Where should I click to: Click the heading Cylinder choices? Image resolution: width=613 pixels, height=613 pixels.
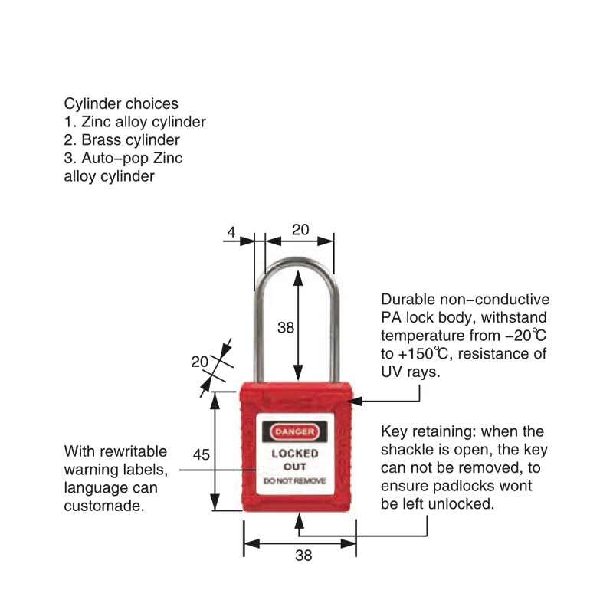[x=121, y=103]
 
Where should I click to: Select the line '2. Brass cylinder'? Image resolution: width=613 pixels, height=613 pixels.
[x=121, y=140]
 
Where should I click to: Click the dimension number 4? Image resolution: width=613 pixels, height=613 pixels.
[x=231, y=229]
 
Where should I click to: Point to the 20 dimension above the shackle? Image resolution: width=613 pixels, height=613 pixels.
[x=300, y=229]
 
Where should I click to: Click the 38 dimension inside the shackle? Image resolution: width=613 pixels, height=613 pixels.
[x=285, y=328]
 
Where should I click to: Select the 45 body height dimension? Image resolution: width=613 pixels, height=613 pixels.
[x=201, y=454]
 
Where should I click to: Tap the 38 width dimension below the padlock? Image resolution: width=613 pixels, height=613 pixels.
[x=303, y=556]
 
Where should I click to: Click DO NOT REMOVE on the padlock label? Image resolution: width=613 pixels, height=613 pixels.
[x=295, y=480]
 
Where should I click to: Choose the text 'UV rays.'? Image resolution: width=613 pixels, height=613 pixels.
[x=410, y=372]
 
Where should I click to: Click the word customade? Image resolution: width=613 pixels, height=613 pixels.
[x=103, y=506]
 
